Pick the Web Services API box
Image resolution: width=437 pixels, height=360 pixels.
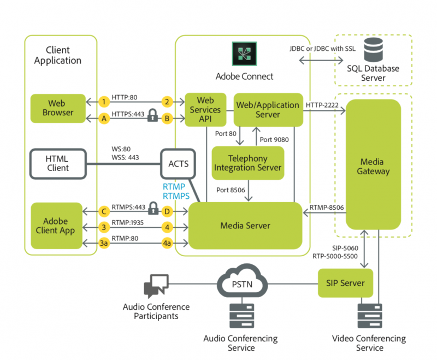click(205, 110)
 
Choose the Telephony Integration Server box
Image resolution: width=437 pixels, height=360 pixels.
click(247, 162)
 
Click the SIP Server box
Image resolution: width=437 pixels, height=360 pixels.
click(345, 283)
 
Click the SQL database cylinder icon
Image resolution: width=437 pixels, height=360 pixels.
click(373, 50)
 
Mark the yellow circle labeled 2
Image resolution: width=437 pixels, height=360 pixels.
click(167, 102)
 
